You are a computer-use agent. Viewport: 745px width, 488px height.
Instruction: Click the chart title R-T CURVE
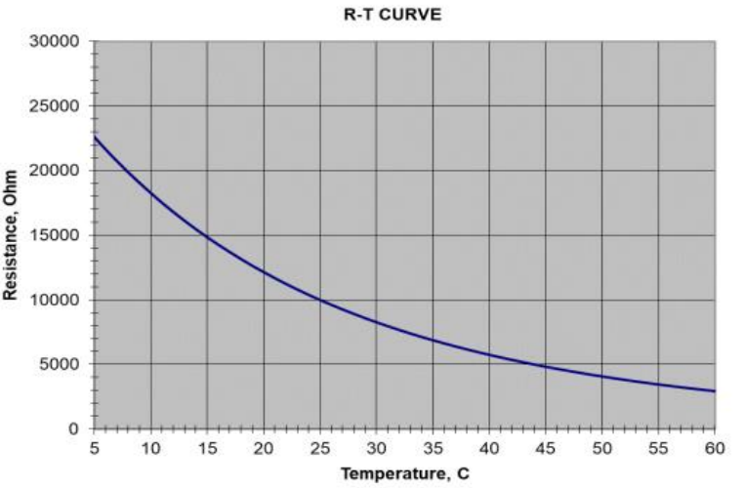403,15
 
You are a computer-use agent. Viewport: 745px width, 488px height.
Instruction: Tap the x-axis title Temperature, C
403,475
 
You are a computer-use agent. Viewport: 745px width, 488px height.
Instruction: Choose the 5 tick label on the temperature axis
94,447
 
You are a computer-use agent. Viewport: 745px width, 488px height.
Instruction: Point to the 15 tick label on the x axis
206,447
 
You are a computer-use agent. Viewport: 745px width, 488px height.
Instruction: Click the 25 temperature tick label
319,447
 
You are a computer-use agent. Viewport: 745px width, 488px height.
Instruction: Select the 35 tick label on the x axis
433,447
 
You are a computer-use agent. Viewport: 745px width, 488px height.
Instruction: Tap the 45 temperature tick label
546,447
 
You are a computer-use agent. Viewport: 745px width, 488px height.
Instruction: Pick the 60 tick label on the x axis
715,447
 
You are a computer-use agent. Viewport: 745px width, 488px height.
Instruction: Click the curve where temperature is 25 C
319,300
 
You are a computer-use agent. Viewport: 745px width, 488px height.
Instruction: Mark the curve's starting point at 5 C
94,138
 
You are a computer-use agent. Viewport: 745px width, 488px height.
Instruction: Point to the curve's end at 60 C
715,391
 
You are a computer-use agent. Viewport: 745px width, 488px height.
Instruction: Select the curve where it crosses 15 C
206,237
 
